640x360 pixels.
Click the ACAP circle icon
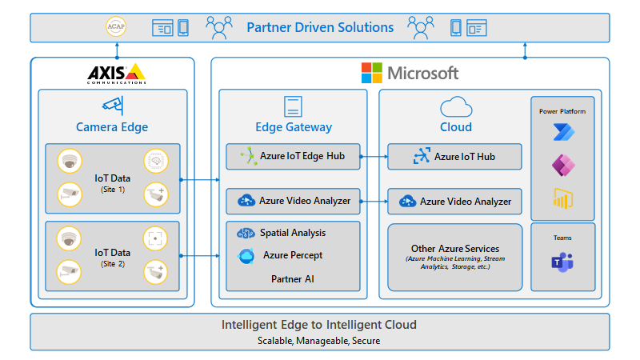point(117,28)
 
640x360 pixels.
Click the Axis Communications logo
point(117,74)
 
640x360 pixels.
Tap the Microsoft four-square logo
point(371,73)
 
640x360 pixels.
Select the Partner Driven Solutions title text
point(320,27)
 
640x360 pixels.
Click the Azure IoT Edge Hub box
point(293,156)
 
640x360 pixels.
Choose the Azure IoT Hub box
point(454,157)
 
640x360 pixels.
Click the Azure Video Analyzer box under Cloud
point(454,202)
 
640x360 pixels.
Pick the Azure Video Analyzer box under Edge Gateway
point(293,201)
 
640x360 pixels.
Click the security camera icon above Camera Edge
point(112,105)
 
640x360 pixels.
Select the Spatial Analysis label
point(292,233)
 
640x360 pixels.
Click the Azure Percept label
point(292,256)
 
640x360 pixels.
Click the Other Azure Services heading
point(454,249)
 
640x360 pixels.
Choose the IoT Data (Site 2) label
point(112,255)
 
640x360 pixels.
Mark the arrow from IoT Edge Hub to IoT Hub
point(374,157)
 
